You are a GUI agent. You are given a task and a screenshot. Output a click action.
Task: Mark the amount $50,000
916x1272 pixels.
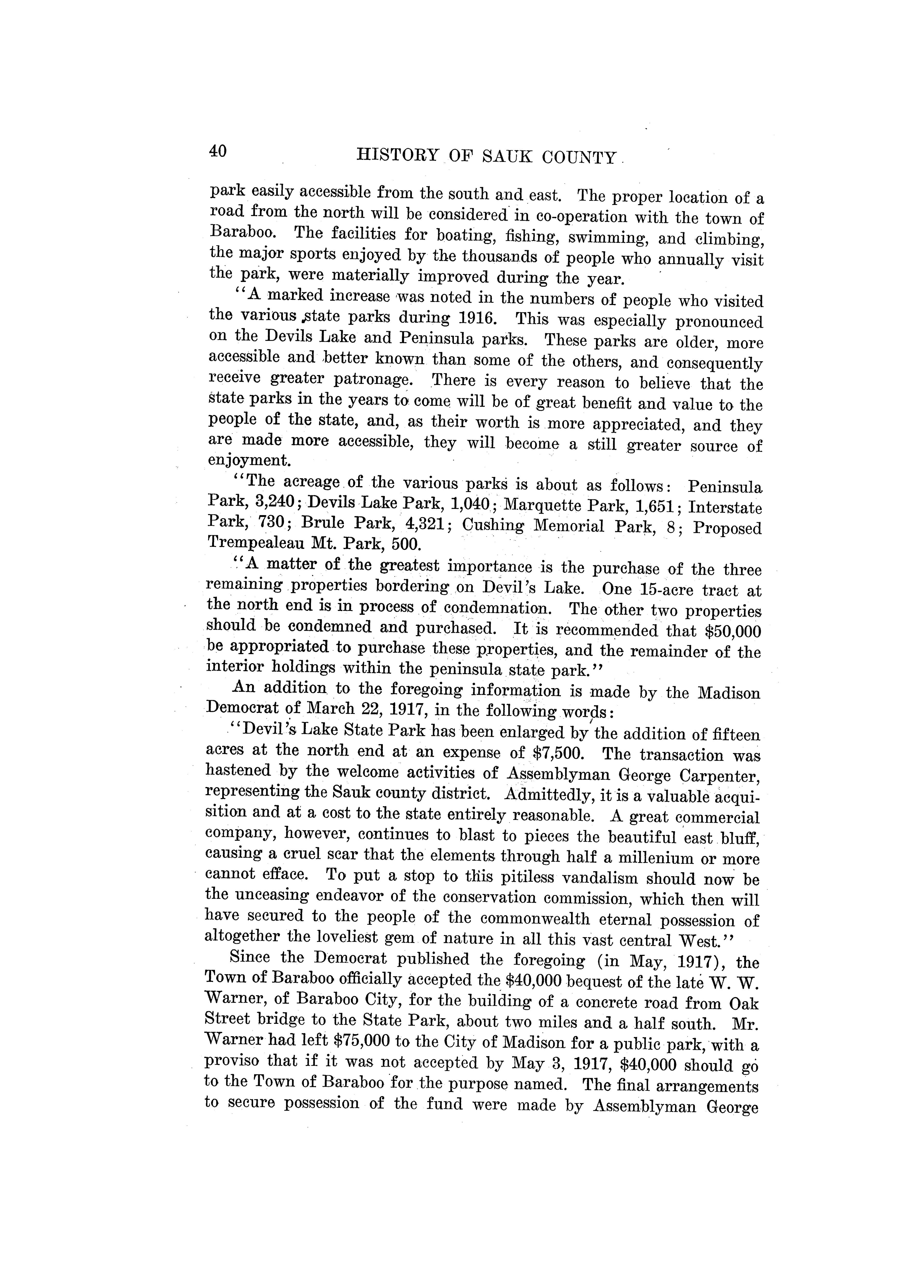(733, 631)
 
